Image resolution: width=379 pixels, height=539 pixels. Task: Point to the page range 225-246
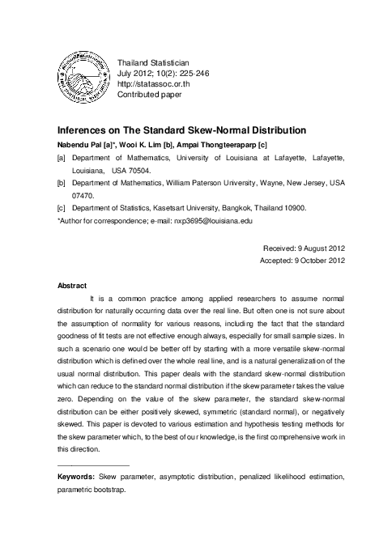point(195,73)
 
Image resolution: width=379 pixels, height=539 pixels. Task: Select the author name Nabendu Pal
point(81,145)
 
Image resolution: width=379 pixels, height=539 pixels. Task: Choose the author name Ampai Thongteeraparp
point(223,145)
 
